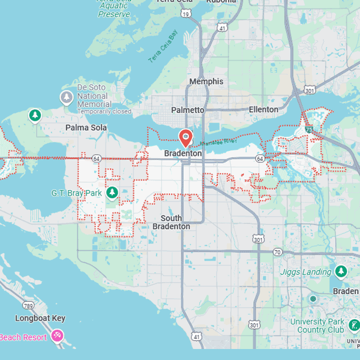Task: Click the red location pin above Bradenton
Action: [x=185, y=138]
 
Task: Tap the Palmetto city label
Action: [x=188, y=110]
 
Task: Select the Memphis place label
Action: [x=206, y=82]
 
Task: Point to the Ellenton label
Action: [x=263, y=109]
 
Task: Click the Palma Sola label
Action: [x=86, y=128]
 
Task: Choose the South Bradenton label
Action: [x=171, y=222]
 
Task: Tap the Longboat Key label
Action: [x=40, y=318]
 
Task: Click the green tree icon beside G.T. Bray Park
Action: [x=111, y=193]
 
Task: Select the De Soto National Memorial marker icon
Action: [x=66, y=97]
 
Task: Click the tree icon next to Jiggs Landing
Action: [x=341, y=271]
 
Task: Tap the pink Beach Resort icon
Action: [x=57, y=336]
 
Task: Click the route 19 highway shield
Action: [x=185, y=14]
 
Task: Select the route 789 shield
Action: [x=27, y=305]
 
